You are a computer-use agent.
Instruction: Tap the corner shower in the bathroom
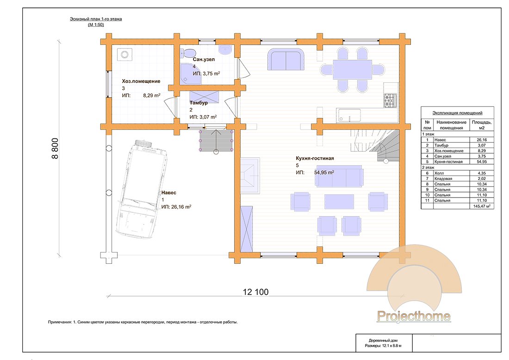190,73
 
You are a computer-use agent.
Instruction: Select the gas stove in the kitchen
390,100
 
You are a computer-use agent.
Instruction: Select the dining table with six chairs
352,69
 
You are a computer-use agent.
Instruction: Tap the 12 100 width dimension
256,292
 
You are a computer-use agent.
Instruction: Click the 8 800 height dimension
55,149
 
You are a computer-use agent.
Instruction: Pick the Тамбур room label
199,103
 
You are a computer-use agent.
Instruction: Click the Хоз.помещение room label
141,81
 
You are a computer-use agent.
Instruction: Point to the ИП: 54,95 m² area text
315,173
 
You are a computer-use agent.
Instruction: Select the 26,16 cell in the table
482,140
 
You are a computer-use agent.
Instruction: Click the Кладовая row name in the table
443,179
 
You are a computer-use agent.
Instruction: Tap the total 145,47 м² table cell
482,206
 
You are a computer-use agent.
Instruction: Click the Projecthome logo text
414,316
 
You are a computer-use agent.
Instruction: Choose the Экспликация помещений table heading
457,113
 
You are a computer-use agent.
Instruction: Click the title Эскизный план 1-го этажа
96,19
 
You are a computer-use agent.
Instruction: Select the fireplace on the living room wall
250,175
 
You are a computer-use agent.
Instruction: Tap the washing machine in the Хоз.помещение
124,54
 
